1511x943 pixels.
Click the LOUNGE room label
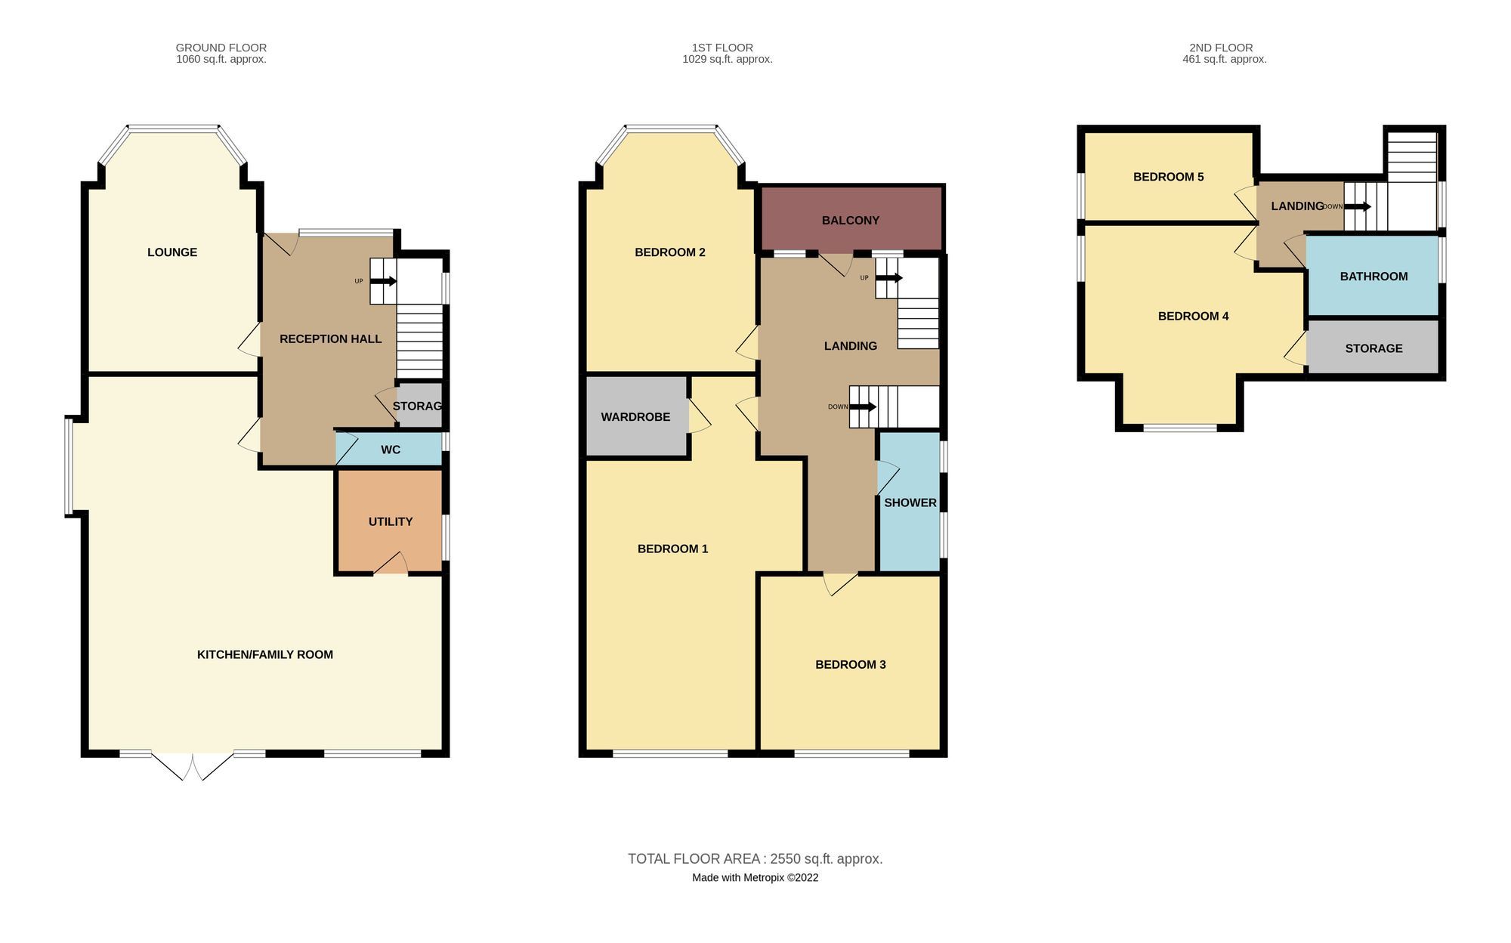(x=172, y=252)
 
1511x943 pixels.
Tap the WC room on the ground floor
(x=390, y=450)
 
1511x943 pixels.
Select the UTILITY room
(x=390, y=521)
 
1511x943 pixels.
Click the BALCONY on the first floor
(x=851, y=220)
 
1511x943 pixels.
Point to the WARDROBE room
(x=635, y=416)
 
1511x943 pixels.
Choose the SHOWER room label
(x=910, y=502)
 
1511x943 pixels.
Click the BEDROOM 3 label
(x=850, y=664)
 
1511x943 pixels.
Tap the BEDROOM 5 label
(x=1168, y=177)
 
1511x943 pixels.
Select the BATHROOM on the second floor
(x=1373, y=277)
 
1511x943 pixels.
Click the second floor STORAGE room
(x=1373, y=348)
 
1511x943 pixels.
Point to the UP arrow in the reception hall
(x=384, y=281)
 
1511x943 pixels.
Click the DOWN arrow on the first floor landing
(x=863, y=407)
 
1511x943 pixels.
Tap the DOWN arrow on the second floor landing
(x=1358, y=206)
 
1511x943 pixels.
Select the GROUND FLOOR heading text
(x=221, y=48)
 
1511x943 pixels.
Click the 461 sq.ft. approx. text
(x=1224, y=59)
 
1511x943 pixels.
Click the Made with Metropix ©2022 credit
(x=755, y=877)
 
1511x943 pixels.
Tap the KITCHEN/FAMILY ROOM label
(x=264, y=654)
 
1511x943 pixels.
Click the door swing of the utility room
(x=391, y=564)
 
